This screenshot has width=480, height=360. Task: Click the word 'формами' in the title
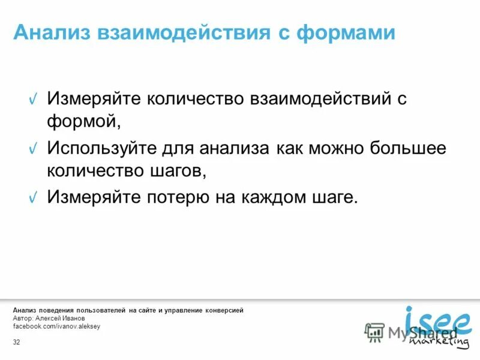(346, 32)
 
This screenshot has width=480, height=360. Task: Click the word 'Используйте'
(102, 148)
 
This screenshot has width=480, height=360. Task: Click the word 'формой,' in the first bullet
(84, 122)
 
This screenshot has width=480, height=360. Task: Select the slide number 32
(16, 342)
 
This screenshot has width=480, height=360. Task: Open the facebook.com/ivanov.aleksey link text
(56, 326)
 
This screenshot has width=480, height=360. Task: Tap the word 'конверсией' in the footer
(223, 310)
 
